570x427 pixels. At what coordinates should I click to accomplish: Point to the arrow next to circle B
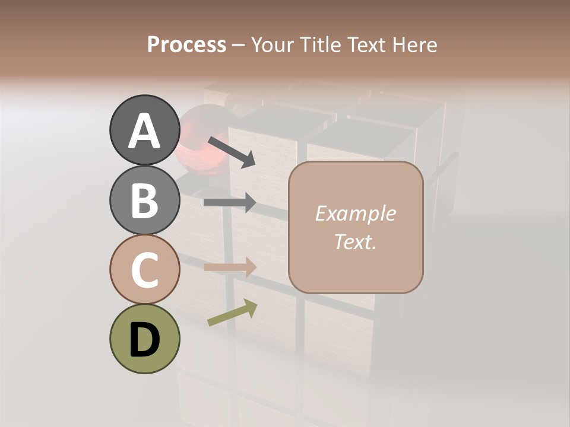click(230, 203)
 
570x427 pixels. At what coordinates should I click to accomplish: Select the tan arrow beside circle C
click(230, 267)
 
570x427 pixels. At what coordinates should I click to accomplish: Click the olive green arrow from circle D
click(232, 313)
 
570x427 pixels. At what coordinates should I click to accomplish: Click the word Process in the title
click(186, 44)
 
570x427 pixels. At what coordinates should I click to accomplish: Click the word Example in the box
click(355, 213)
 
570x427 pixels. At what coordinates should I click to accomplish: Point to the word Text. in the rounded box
click(355, 242)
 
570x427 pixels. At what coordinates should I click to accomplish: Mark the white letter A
click(144, 131)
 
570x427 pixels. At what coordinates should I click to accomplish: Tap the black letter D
click(144, 340)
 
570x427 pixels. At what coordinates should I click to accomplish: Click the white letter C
click(144, 270)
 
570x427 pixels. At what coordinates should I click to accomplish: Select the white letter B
click(144, 200)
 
